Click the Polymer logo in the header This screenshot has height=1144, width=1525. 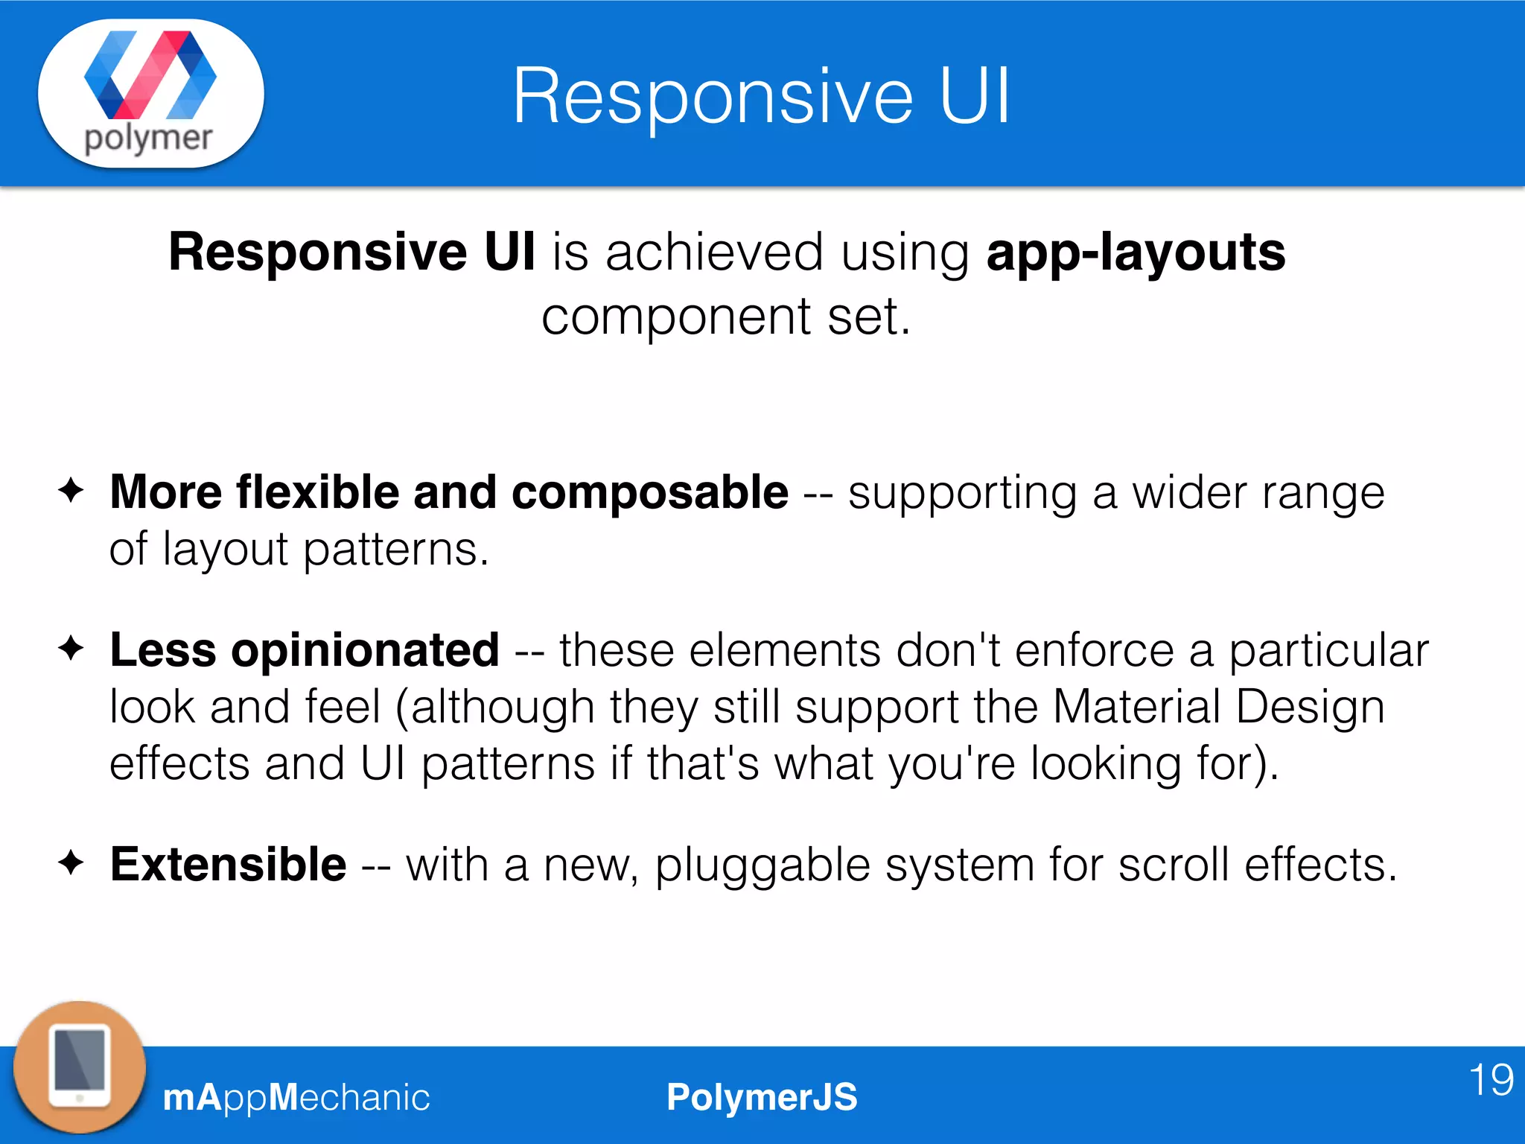(x=150, y=92)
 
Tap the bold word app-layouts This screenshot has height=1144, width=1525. (x=1136, y=252)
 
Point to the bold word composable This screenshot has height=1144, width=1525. (x=649, y=492)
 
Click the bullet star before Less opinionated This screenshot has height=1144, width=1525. (x=71, y=648)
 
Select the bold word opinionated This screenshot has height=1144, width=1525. (x=365, y=650)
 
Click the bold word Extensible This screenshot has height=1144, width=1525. (x=228, y=865)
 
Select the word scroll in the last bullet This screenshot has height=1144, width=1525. (x=1174, y=865)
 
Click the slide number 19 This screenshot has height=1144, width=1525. (x=1491, y=1080)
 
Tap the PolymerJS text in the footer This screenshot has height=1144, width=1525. (x=762, y=1097)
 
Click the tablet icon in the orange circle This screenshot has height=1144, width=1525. (x=80, y=1067)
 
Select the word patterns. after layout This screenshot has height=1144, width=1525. (x=395, y=550)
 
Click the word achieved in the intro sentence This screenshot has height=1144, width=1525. (x=714, y=252)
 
